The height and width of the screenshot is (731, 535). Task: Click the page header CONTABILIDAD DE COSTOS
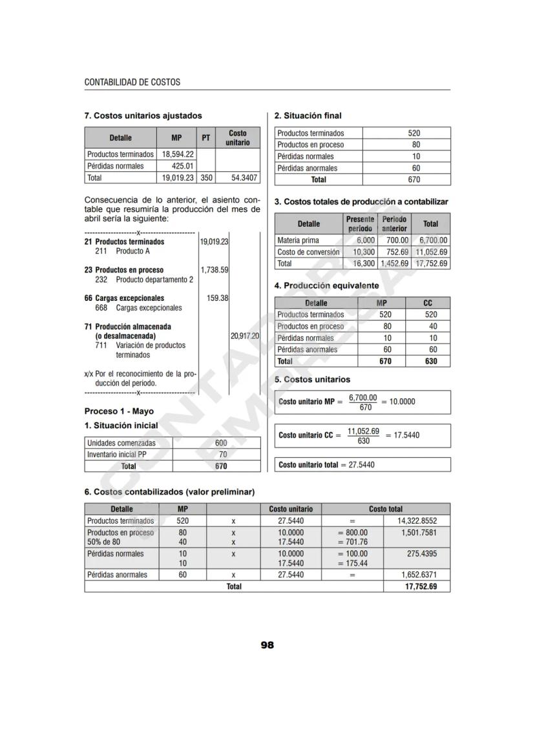132,83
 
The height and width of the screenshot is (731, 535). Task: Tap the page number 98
267,644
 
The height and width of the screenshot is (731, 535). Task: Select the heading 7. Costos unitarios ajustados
143,116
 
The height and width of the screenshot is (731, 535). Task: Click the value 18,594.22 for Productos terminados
178,154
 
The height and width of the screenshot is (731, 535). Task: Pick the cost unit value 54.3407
244,178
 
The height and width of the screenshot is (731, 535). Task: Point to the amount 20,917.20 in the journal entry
245,336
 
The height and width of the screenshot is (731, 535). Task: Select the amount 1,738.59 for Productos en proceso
215,269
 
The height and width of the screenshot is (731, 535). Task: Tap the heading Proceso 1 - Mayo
119,411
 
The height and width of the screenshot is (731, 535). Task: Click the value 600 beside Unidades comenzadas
221,443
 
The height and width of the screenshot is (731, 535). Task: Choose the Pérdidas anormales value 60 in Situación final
415,168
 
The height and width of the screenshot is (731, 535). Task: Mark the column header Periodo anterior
394,224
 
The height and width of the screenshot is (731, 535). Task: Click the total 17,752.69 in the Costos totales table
432,263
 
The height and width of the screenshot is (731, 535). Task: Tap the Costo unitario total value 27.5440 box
361,464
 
